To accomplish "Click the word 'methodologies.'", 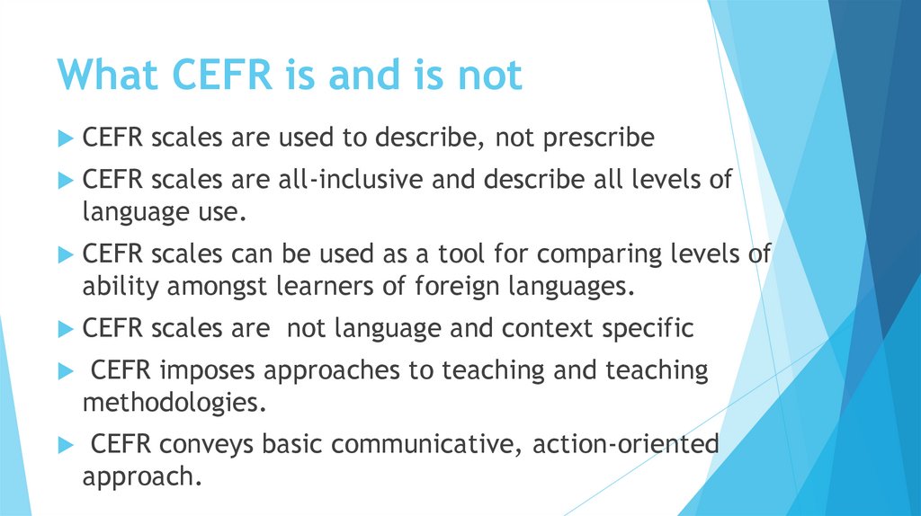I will pyautogui.click(x=174, y=402).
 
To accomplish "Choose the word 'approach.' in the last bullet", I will pyautogui.click(x=140, y=476).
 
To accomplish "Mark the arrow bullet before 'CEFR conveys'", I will pyautogui.click(x=64, y=444).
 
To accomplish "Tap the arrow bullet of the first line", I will pyautogui.click(x=64, y=139).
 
